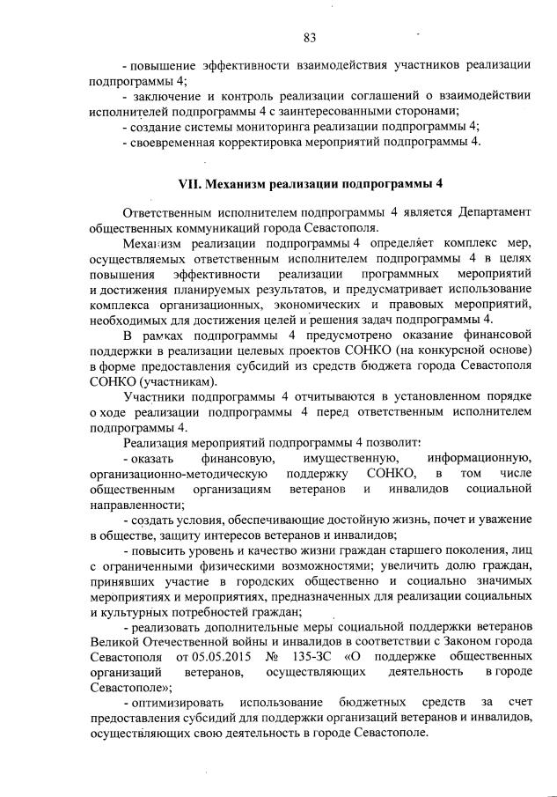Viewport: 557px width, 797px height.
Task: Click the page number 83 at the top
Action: click(309, 37)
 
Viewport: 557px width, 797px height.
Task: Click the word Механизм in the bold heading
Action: click(242, 185)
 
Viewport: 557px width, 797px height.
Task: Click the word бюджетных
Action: click(372, 703)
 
